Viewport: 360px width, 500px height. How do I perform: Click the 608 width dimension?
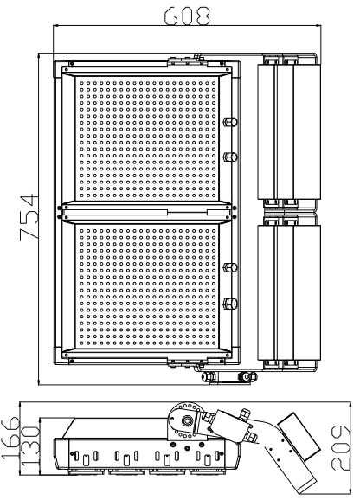point(187,16)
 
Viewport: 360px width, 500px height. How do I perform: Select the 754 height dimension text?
point(29,217)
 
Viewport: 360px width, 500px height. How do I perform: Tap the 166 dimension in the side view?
point(10,439)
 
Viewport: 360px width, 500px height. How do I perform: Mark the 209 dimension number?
point(340,448)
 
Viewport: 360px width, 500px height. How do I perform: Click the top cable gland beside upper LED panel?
point(230,121)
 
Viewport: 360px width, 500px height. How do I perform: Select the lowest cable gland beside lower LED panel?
point(230,303)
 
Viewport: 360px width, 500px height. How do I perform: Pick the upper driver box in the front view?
point(288,131)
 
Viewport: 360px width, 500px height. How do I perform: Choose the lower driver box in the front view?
point(288,292)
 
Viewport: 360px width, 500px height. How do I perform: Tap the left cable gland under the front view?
point(209,376)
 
